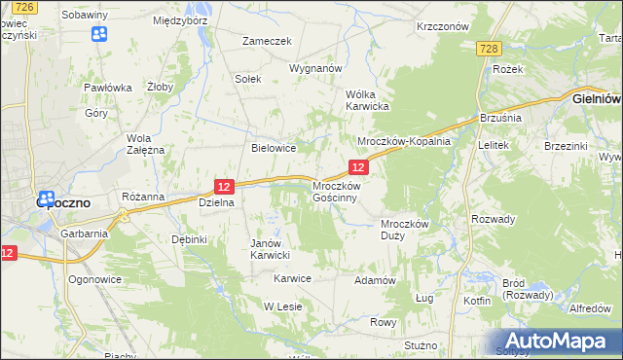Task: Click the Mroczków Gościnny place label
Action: tap(336, 191)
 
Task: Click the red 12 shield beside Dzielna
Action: tap(224, 186)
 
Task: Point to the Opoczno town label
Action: tap(63, 203)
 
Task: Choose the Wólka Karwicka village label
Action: tap(368, 100)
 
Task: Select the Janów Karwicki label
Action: tap(271, 249)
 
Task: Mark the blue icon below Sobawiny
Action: tap(98, 35)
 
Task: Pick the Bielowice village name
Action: tap(274, 149)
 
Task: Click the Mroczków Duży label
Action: tap(404, 229)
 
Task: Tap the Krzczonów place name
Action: tap(443, 26)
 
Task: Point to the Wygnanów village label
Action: tap(315, 69)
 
